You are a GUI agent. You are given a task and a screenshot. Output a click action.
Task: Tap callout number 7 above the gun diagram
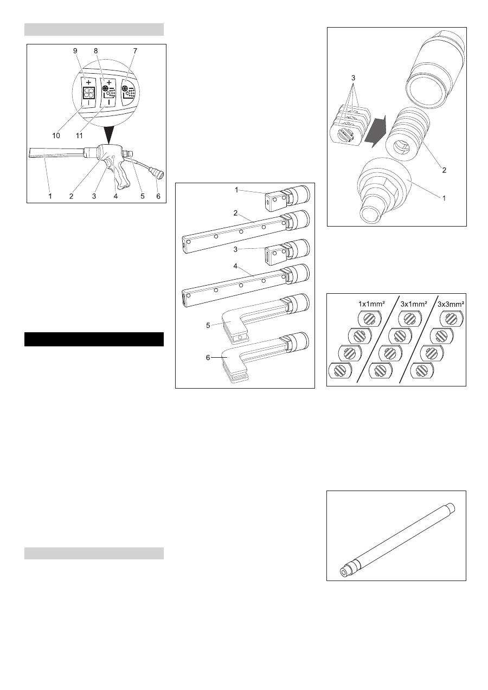pyautogui.click(x=135, y=50)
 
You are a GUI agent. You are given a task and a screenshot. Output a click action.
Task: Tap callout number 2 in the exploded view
pyautogui.click(x=445, y=170)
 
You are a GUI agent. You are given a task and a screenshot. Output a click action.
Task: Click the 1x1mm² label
pyautogui.click(x=372, y=304)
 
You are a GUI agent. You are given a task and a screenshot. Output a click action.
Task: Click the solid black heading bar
pyautogui.click(x=94, y=339)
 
